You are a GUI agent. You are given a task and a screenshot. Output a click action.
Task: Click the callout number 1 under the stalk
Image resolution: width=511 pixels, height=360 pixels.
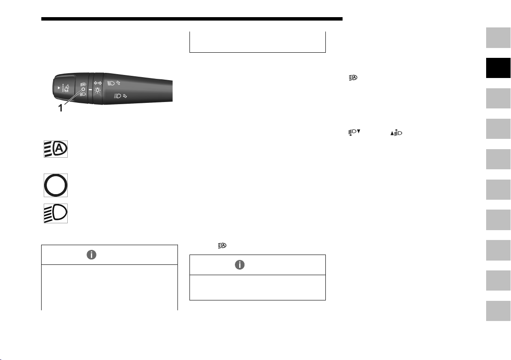pyautogui.click(x=60, y=108)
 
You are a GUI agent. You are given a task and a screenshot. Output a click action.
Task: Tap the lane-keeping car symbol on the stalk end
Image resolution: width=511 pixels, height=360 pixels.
pyautogui.click(x=66, y=88)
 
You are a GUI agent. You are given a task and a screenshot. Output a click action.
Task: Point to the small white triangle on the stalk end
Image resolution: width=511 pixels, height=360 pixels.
pyautogui.click(x=59, y=87)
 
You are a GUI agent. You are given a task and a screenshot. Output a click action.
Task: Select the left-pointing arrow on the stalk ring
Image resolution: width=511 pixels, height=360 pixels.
pyautogui.click(x=96, y=83)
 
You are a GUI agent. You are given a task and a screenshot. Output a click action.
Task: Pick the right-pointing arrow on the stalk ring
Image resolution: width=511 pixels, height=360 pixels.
pyautogui.click(x=100, y=83)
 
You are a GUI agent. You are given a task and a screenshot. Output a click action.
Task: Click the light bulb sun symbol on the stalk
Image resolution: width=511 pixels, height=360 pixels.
pyautogui.click(x=97, y=90)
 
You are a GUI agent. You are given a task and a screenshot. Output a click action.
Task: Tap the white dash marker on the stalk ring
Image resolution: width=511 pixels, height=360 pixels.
pyautogui.click(x=90, y=89)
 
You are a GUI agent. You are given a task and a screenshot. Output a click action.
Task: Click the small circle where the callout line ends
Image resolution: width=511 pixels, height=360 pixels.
pyautogui.click(x=83, y=89)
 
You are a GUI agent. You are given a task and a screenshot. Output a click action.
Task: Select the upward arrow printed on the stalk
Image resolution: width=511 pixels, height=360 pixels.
pyautogui.click(x=118, y=83)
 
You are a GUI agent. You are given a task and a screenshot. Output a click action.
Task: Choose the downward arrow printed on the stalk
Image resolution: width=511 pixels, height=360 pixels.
pyautogui.click(x=125, y=96)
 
